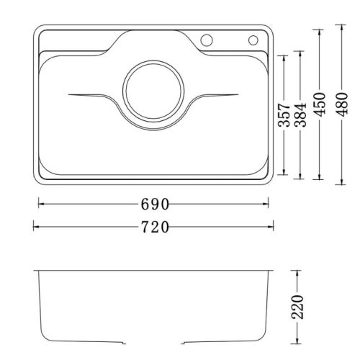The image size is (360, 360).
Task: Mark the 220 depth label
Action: [301, 308]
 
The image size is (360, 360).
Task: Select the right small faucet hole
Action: [254, 40]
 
